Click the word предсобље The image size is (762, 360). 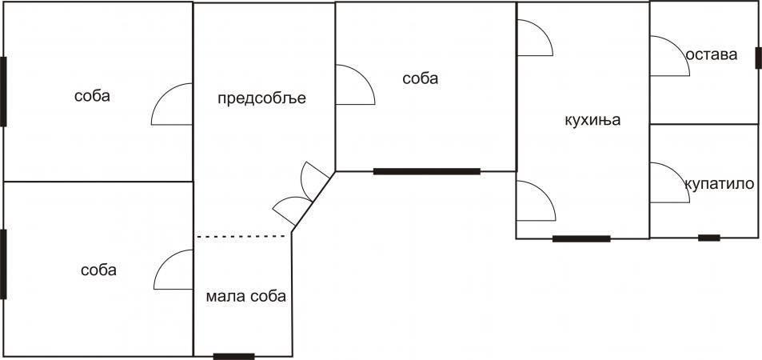coord(261,98)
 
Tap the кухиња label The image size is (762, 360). coord(592,120)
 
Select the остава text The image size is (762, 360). coord(712,54)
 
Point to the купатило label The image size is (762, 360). coord(720,184)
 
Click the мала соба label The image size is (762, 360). coord(246,296)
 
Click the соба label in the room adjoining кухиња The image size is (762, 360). coord(421,78)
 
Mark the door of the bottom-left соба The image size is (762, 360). coord(163,262)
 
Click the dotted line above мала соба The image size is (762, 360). coord(241,237)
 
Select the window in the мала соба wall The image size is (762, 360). coord(233,357)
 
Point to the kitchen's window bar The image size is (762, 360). coord(581,238)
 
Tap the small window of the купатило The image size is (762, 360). coord(709,238)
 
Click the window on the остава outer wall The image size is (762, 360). coord(758,58)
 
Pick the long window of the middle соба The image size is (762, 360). coord(427,171)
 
